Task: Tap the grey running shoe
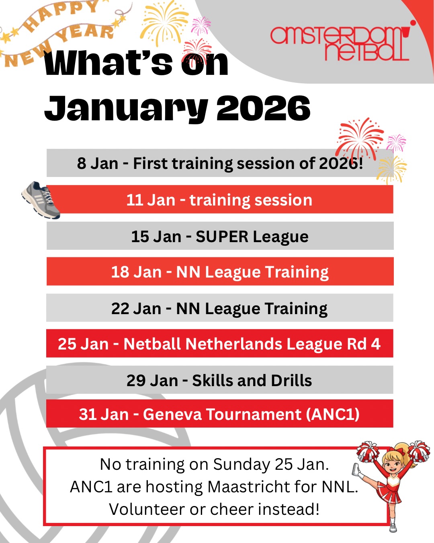[x=41, y=200]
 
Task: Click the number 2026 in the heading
[x=263, y=108]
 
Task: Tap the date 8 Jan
[x=98, y=163]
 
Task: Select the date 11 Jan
[x=151, y=200]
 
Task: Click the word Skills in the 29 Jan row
[x=212, y=381]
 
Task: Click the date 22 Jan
[x=136, y=309]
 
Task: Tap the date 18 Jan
[x=136, y=272]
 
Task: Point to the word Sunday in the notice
[x=242, y=465]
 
